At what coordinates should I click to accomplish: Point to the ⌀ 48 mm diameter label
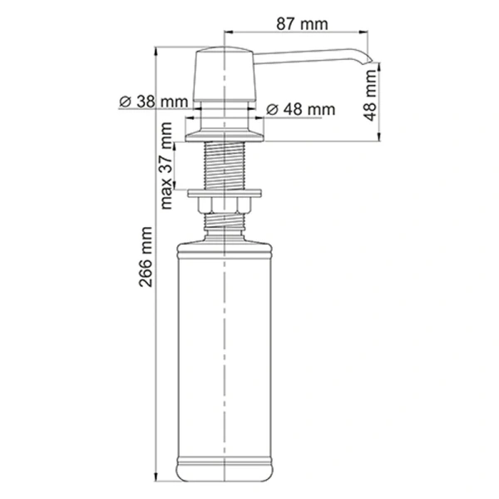click(x=300, y=109)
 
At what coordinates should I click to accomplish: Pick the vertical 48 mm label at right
click(x=372, y=95)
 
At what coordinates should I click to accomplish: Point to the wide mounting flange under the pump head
click(x=225, y=131)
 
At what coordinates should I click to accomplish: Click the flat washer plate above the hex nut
click(x=225, y=194)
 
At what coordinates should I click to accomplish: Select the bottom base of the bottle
click(x=225, y=472)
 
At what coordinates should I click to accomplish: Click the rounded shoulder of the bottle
click(x=225, y=241)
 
